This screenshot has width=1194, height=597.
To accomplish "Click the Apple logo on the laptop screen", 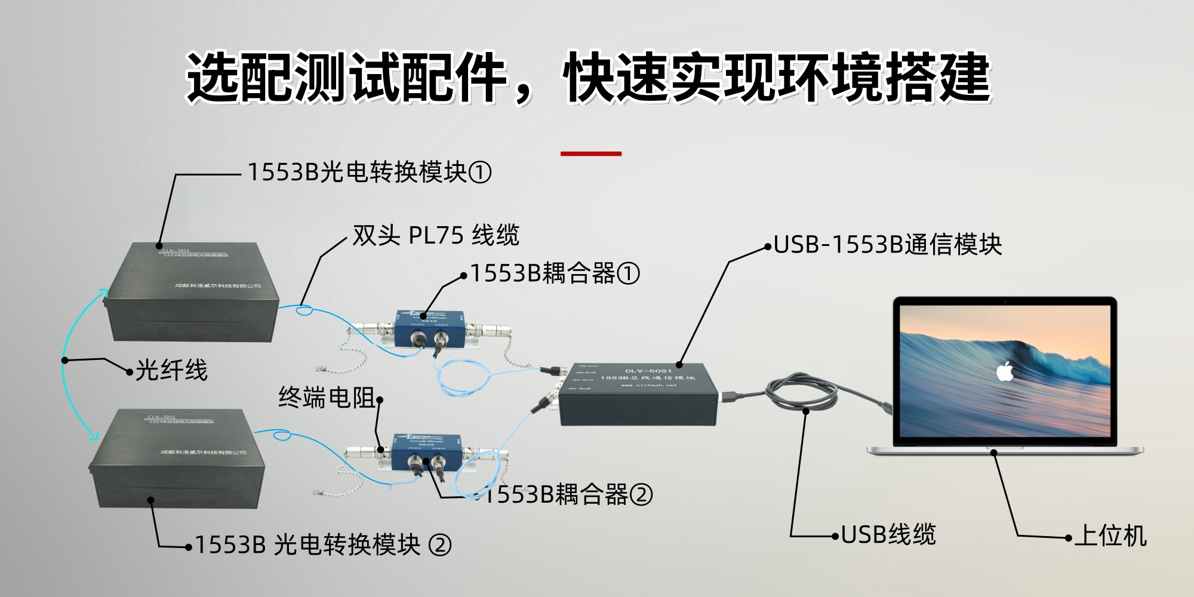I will [1005, 371].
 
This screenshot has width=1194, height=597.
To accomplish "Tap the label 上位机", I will [1110, 536].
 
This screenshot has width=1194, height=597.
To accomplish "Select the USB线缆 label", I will [888, 534].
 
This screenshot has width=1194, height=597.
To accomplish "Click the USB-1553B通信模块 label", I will [887, 245].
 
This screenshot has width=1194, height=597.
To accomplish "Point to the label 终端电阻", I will [327, 398].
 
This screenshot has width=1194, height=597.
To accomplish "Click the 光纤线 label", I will [171, 370].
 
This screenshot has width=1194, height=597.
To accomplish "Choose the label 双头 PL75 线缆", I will [436, 235].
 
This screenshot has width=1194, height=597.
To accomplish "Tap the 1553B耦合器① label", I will [555, 273].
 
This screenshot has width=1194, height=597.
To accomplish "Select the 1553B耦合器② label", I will [567, 494].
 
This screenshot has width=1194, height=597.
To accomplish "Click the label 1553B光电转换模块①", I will [369, 173].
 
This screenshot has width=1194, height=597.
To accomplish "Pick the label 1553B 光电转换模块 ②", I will [322, 544].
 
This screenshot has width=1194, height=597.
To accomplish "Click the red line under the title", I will [591, 153].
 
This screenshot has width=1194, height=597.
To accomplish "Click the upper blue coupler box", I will [430, 328].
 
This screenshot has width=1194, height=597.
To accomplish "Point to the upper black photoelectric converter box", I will [191, 293].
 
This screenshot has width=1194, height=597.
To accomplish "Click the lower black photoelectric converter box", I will [176, 460].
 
